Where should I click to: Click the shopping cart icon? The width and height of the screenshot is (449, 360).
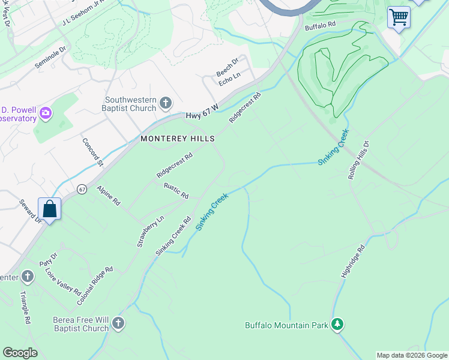tap(398, 17)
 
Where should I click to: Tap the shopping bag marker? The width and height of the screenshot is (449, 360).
tap(50, 209)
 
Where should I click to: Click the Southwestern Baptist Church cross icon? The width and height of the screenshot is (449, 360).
tap(166, 104)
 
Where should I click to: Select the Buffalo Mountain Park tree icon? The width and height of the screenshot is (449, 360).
tap(337, 325)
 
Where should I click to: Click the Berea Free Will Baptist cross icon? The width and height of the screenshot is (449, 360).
tap(118, 324)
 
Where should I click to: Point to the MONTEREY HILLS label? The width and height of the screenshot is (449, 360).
tap(178, 138)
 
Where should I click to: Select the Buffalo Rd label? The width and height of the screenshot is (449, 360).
tap(319, 25)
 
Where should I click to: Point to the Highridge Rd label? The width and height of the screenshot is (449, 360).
tap(353, 260)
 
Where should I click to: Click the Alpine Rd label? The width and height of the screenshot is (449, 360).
tap(109, 196)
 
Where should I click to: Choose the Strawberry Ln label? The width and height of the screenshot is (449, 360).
tap(150, 231)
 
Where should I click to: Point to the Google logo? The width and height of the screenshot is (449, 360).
tap(20, 353)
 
